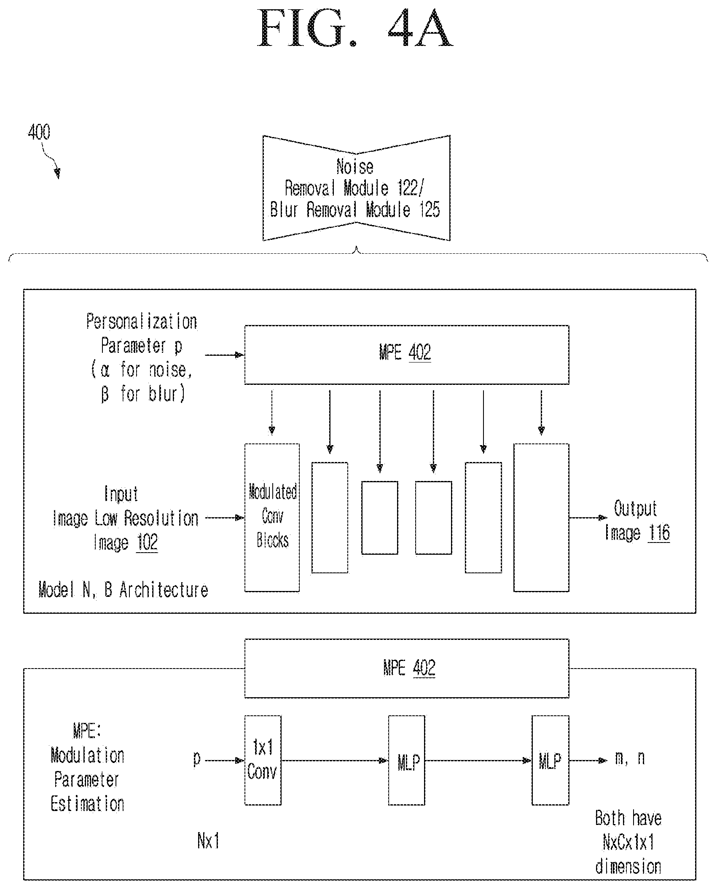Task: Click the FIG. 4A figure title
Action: pyautogui.click(x=355, y=28)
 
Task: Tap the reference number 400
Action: pyautogui.click(x=39, y=132)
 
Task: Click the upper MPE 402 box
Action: pyautogui.click(x=407, y=355)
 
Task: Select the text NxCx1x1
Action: pyautogui.click(x=628, y=843)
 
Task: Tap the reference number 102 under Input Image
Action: pyautogui.click(x=147, y=542)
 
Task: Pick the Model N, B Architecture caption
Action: pyautogui.click(x=123, y=590)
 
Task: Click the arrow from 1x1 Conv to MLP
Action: pyautogui.click(x=335, y=760)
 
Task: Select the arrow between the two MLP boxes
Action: pyautogui.click(x=478, y=760)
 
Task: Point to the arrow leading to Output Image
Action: pyautogui.click(x=588, y=518)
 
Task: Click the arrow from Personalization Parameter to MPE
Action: pyautogui.click(x=225, y=355)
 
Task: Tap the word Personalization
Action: pyautogui.click(x=142, y=322)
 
